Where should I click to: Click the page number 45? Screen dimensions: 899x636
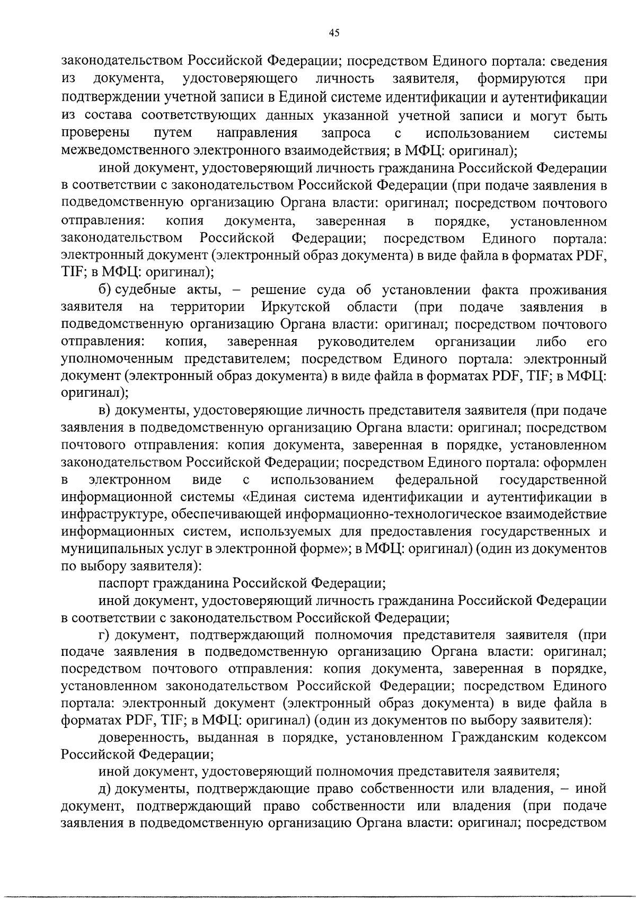click(333, 33)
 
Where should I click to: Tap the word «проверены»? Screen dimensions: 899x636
click(94, 132)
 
